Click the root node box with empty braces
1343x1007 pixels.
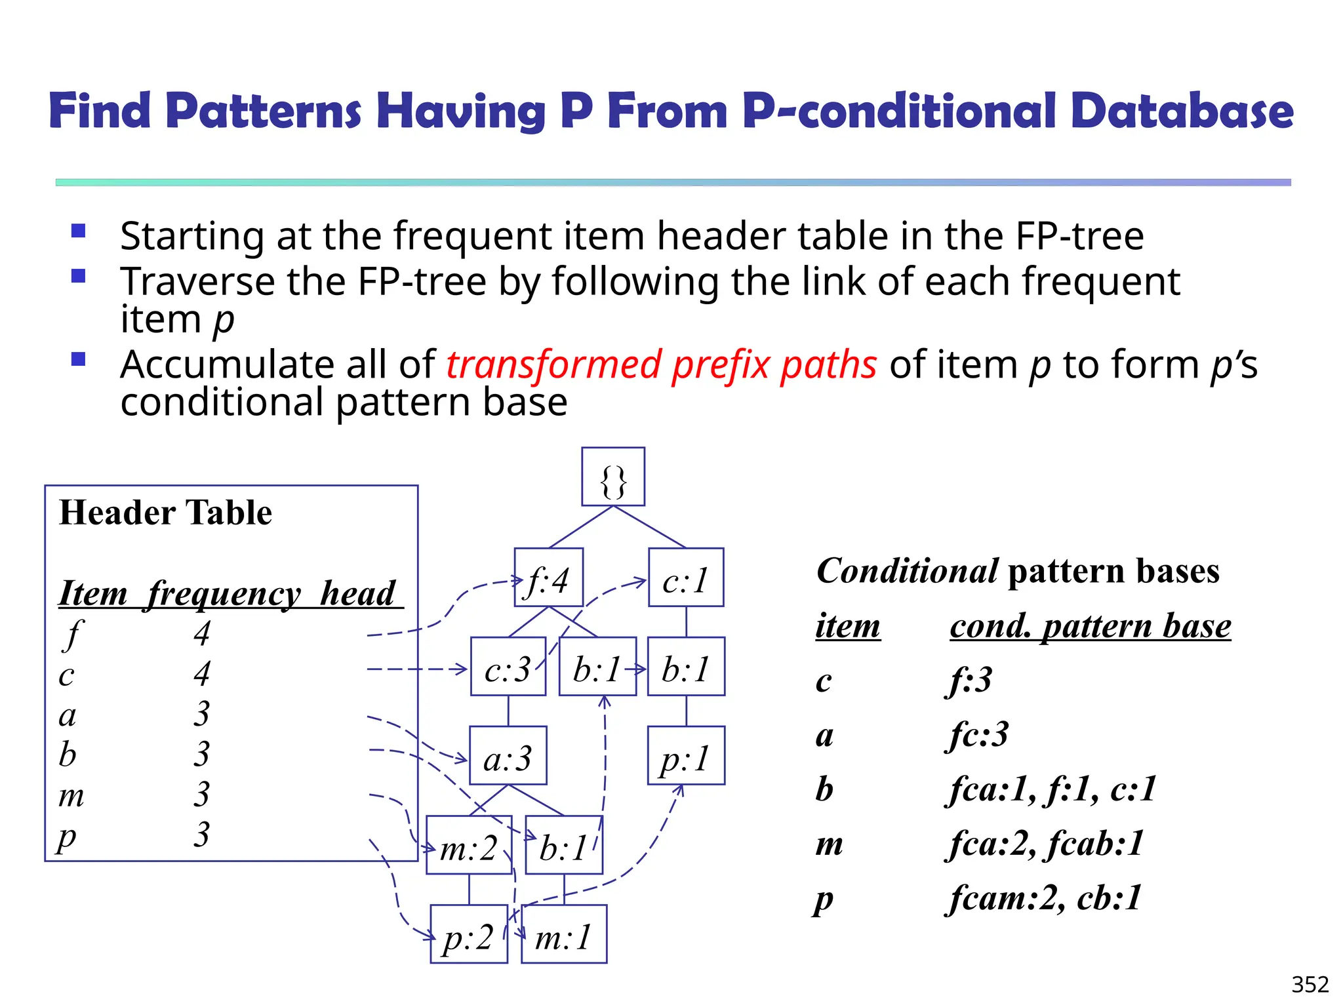point(612,477)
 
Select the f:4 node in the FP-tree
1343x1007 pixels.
point(549,578)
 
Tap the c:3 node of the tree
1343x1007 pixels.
point(508,667)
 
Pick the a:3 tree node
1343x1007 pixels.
point(508,756)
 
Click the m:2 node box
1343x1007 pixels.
point(469,845)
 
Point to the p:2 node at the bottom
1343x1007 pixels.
point(469,934)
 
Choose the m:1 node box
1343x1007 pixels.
point(564,934)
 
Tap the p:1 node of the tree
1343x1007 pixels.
point(686,756)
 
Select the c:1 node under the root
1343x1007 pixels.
point(686,578)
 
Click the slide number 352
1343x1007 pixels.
point(1310,985)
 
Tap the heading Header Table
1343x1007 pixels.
point(165,513)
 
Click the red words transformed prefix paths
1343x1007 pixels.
point(661,365)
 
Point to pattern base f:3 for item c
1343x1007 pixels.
point(970,680)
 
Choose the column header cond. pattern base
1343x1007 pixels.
point(1090,626)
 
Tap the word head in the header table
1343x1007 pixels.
point(358,593)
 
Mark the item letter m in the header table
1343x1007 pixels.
point(71,795)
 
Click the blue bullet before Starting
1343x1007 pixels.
point(79,231)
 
